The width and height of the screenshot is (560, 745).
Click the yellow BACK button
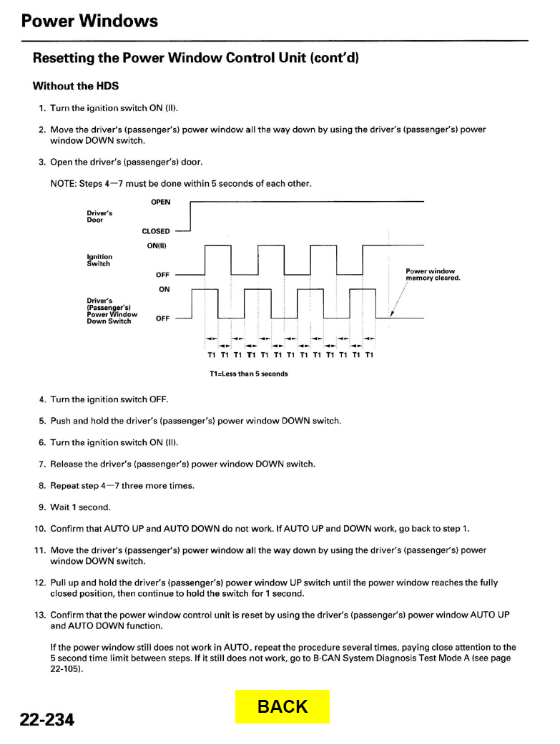(x=283, y=706)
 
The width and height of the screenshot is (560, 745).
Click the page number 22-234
(x=47, y=719)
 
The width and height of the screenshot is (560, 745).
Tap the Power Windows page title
(x=89, y=21)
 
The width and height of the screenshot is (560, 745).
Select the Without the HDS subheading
(x=76, y=86)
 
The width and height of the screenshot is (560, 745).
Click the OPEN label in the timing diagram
(x=161, y=202)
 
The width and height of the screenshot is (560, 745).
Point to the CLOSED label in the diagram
(x=157, y=231)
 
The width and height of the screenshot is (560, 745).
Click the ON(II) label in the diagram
(x=158, y=245)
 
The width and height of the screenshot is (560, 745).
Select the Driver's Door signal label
(x=99, y=216)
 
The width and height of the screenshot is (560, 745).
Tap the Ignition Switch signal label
(x=99, y=260)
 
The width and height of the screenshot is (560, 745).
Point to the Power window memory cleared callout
(x=432, y=274)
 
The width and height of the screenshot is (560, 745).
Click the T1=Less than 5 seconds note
(x=248, y=374)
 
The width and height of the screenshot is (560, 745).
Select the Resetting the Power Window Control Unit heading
(x=195, y=58)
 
